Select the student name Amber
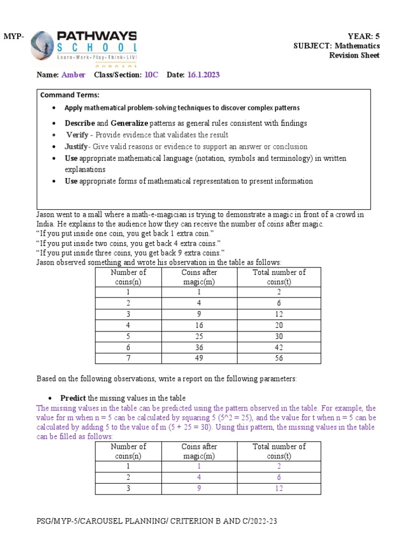[x=73, y=75]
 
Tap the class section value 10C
[x=151, y=75]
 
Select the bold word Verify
[x=77, y=135]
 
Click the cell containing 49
[x=199, y=358]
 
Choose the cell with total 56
[x=279, y=358]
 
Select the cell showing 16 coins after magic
[x=199, y=325]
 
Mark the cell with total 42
[x=279, y=348]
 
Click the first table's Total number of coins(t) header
[x=279, y=277]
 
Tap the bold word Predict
[x=73, y=398]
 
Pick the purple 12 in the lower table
[x=279, y=489]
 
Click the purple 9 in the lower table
[x=199, y=489]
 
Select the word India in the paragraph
[x=45, y=224]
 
